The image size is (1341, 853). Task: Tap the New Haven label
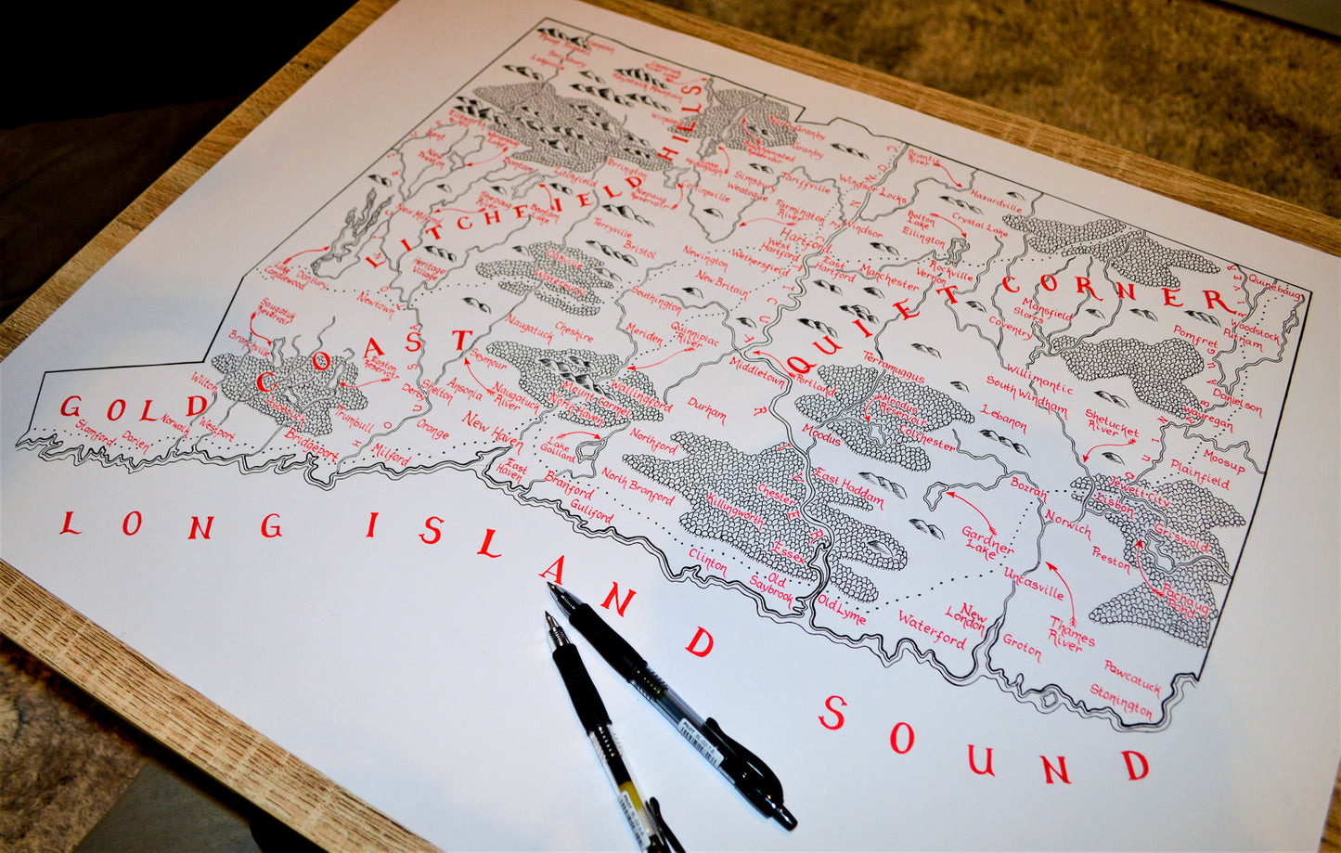[493, 428]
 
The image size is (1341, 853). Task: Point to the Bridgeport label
[313, 445]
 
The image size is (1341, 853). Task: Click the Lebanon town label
[1003, 420]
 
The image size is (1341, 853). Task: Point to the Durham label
[707, 409]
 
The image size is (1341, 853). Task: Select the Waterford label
[932, 629]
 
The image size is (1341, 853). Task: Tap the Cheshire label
[574, 331]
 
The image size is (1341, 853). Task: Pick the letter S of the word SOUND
[832, 714]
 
